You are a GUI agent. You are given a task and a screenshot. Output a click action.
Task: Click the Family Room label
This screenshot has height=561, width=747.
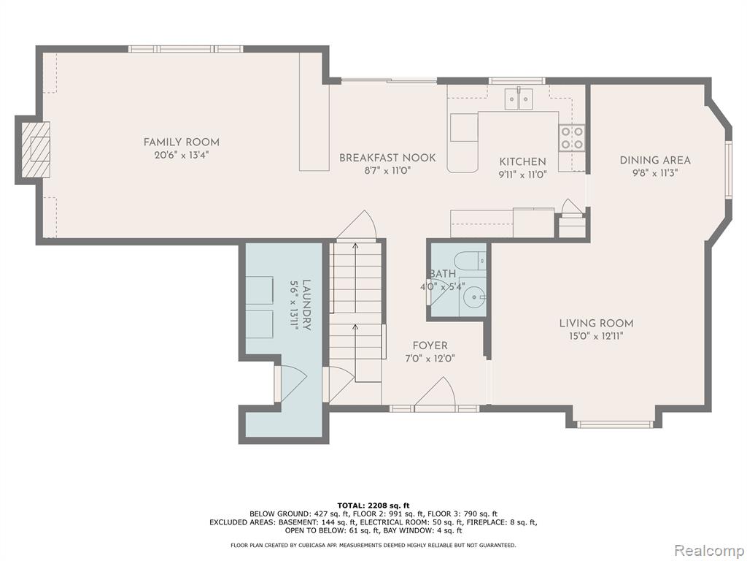pos(182,142)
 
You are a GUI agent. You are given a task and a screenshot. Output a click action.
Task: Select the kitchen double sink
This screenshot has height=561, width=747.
pos(519,99)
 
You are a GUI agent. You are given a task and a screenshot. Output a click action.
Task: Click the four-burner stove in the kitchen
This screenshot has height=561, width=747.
pos(572,137)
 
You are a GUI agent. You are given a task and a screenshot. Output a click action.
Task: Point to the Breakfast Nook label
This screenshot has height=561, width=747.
pos(387,158)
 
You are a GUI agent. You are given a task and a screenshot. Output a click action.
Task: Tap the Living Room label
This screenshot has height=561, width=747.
pos(597,324)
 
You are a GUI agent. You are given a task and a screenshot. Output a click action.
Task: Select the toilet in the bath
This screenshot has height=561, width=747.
pos(470,262)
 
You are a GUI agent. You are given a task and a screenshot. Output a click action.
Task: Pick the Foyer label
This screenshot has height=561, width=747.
pos(430,346)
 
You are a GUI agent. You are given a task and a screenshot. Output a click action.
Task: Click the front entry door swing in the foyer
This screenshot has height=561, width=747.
pos(435,394)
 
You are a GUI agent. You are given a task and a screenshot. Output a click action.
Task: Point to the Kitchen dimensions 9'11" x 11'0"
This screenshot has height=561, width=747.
pos(522,175)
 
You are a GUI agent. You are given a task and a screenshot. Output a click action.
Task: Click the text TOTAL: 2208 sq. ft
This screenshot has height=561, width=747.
pos(373,505)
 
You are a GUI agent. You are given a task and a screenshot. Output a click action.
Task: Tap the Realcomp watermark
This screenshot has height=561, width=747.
pos(708,550)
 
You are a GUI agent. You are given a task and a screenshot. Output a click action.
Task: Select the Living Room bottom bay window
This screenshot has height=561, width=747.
pos(614,424)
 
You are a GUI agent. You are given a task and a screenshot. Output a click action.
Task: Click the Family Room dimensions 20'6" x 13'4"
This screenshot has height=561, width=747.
pos(182,155)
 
